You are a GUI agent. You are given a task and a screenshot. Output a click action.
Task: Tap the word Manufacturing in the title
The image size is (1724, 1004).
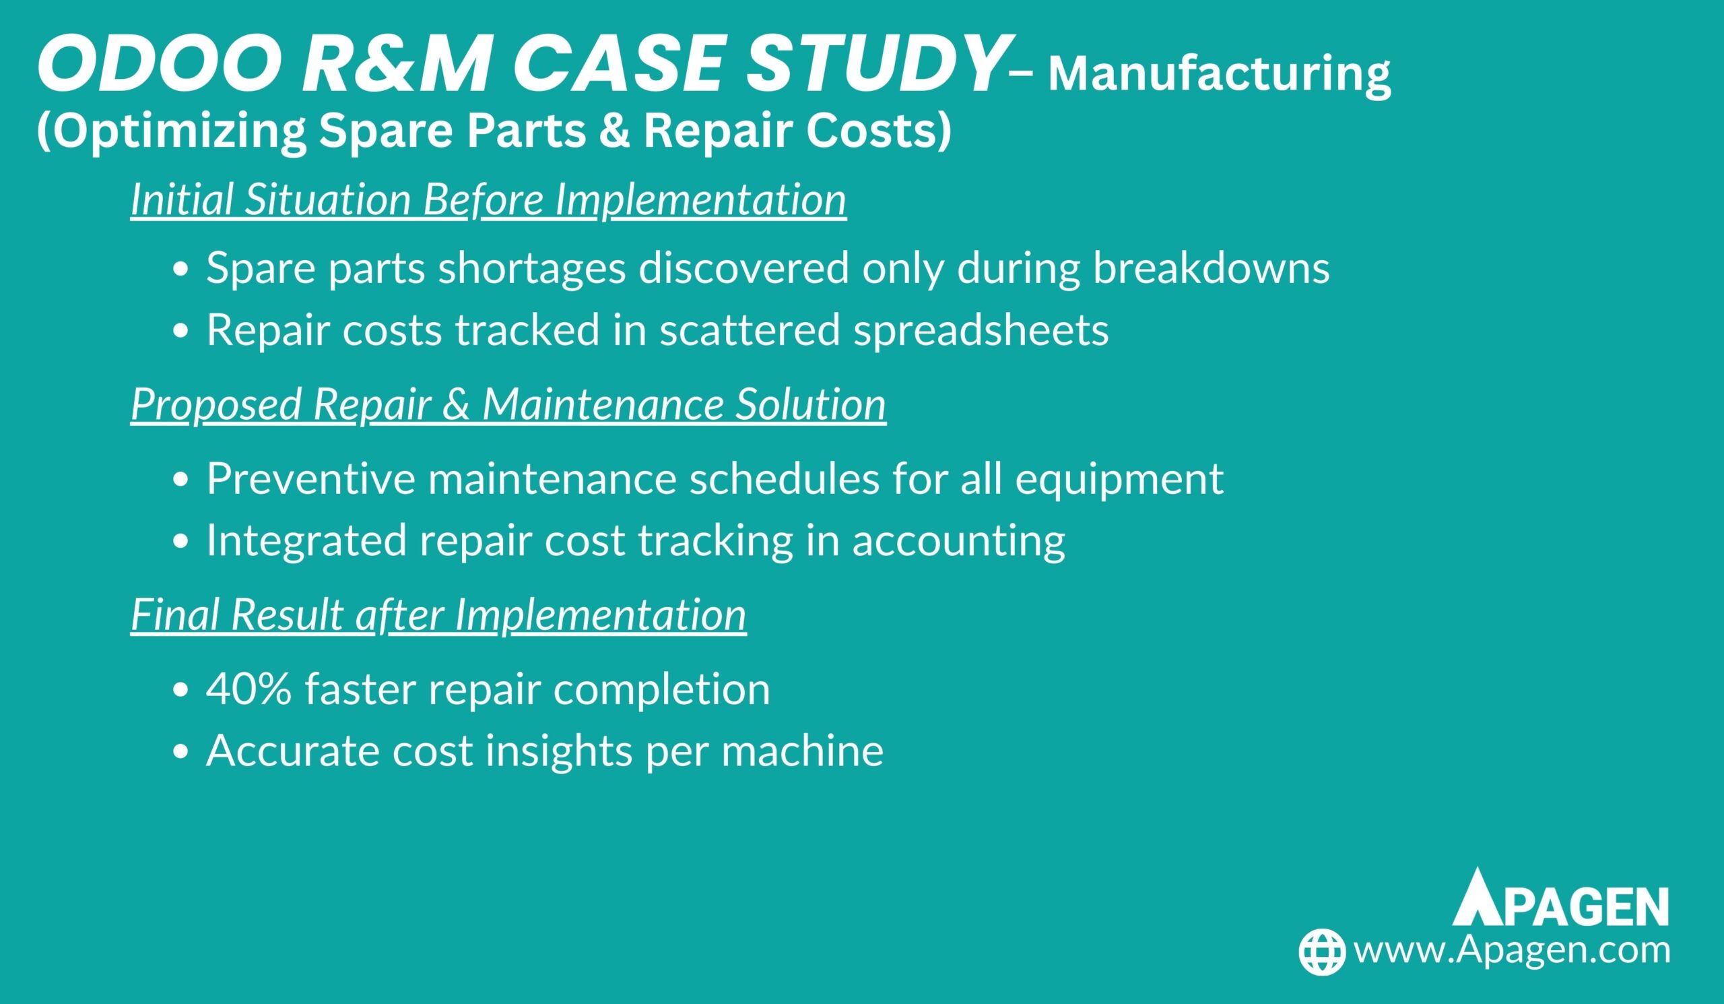pos(1220,75)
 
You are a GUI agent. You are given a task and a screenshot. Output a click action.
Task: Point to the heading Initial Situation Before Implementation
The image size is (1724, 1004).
pos(488,200)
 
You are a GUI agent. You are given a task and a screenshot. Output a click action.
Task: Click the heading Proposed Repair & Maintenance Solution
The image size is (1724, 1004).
pos(508,404)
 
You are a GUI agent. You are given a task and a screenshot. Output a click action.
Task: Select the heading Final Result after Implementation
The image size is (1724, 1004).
pos(438,614)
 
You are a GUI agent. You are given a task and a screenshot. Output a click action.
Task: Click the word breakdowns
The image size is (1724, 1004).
pos(1212,267)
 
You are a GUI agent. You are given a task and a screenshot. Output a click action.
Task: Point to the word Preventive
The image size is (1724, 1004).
pos(311,478)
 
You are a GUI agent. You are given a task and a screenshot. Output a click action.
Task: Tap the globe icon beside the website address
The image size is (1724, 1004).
pos(1322,951)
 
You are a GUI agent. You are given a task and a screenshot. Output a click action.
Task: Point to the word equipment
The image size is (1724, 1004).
pos(1119,479)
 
